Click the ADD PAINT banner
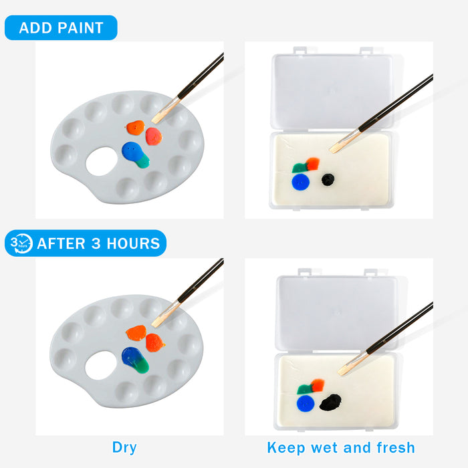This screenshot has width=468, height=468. click(x=61, y=27)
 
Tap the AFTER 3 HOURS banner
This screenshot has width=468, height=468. click(x=86, y=243)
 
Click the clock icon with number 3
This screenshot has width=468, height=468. click(x=21, y=243)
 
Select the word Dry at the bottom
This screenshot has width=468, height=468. click(x=124, y=448)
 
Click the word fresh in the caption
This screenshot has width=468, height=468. click(x=396, y=447)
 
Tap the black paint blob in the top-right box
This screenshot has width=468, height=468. click(x=328, y=179)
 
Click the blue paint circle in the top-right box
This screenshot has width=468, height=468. click(x=301, y=182)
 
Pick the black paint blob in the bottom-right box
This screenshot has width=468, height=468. click(x=330, y=402)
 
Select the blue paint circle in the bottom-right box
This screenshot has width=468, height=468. click(x=306, y=404)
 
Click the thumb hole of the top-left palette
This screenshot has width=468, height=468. click(x=102, y=162)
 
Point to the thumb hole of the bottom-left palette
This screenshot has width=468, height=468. click(x=101, y=365)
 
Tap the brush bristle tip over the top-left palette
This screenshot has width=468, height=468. click(x=154, y=121)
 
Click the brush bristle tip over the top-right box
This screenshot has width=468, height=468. click(x=332, y=150)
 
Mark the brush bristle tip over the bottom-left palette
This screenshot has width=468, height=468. click(x=154, y=326)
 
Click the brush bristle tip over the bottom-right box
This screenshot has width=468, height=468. click(x=340, y=372)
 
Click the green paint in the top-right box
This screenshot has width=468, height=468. click(x=300, y=168)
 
